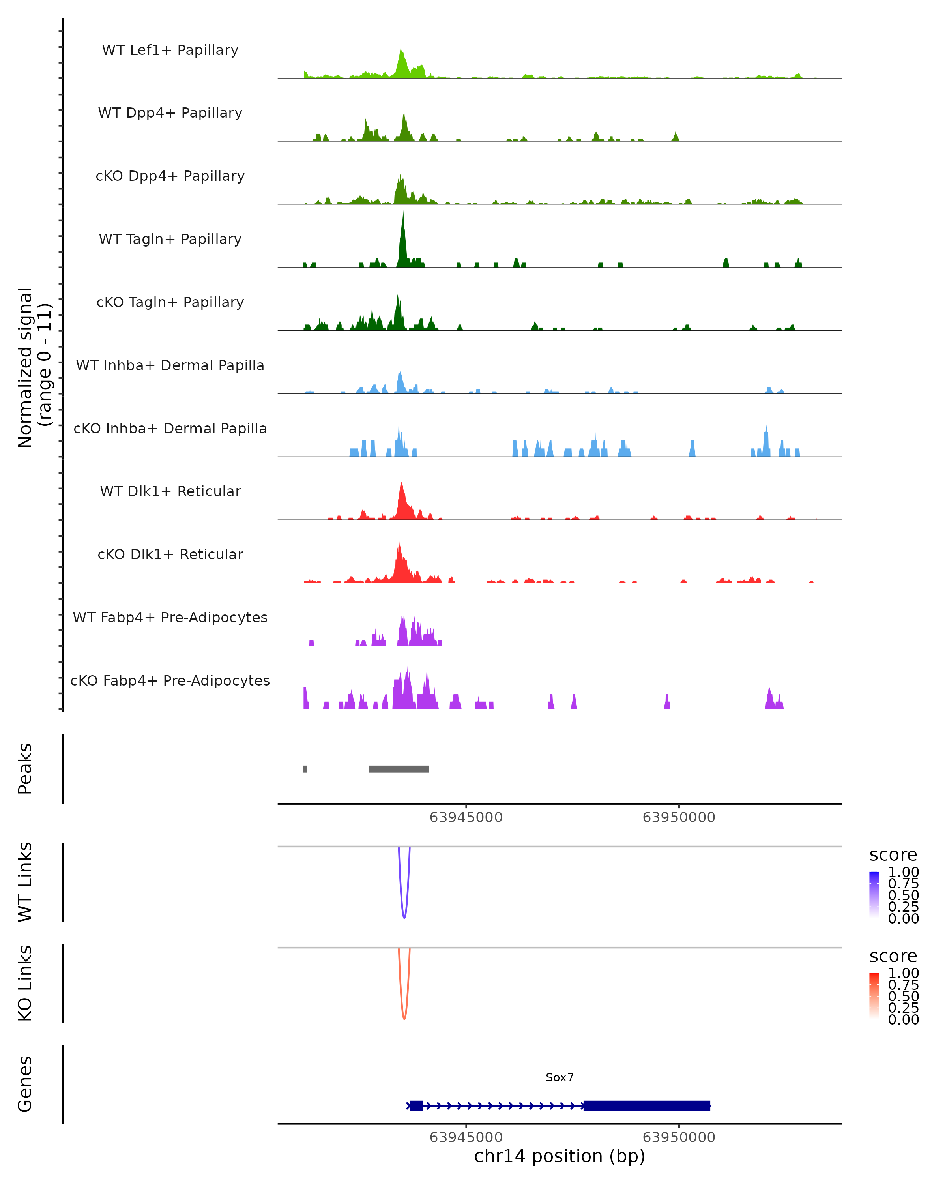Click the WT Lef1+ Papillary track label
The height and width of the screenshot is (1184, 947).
pos(170,50)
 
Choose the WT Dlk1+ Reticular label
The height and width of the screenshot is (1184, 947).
pos(170,491)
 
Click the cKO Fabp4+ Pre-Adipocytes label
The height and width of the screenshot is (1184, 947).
pos(170,680)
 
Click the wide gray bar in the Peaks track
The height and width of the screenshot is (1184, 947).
pos(399,769)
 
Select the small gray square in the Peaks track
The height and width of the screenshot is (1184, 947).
pos(305,769)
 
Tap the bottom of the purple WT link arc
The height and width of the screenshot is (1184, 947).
pos(404,917)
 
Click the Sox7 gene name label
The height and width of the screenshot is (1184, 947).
pos(560,1077)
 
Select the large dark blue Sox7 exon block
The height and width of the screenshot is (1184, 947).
pos(647,1105)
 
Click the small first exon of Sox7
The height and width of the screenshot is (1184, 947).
pos(416,1105)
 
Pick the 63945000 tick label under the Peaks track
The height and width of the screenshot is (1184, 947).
pos(466,817)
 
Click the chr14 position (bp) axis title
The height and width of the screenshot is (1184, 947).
pos(560,1156)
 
